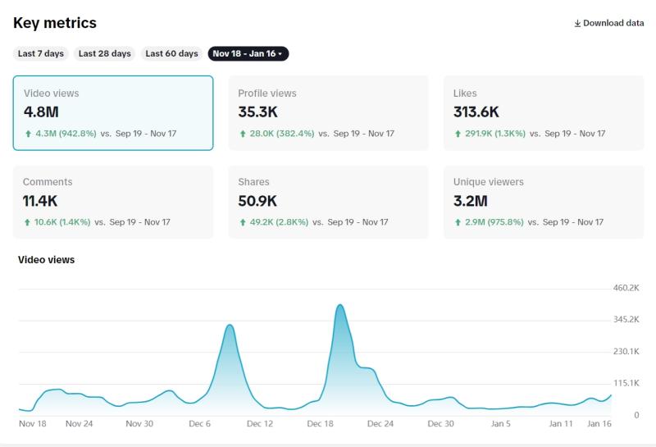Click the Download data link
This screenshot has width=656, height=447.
(609, 23)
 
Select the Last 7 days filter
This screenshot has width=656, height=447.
(41, 53)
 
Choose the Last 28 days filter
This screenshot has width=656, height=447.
(104, 53)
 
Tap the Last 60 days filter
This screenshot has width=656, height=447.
(171, 53)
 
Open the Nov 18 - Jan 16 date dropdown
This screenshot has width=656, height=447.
(248, 53)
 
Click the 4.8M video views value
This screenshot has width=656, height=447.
(41, 112)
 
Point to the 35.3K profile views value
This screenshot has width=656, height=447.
(258, 112)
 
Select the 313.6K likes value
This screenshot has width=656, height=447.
(476, 112)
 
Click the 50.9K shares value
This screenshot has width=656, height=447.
(258, 200)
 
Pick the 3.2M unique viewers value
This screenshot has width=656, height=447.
(471, 200)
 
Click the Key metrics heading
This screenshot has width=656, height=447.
(54, 23)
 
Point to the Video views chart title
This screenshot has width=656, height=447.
(46, 260)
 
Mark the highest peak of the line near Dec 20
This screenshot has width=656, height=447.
(339, 305)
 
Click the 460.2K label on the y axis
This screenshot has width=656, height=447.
(626, 288)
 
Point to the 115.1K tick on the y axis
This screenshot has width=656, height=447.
(626, 383)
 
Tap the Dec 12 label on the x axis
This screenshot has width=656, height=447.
(259, 424)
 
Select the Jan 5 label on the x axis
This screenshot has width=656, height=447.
(500, 424)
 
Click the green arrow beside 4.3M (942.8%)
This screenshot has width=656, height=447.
(28, 133)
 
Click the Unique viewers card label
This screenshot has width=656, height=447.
(489, 182)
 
